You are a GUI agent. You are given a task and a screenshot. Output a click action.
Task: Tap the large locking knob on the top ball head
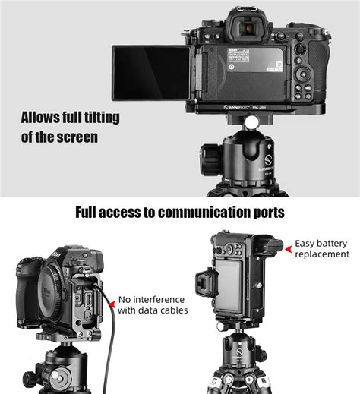(x=210, y=159)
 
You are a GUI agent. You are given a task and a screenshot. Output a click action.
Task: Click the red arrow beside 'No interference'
(x=112, y=304)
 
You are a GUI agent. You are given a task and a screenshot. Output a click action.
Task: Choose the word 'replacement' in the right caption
(x=322, y=254)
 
